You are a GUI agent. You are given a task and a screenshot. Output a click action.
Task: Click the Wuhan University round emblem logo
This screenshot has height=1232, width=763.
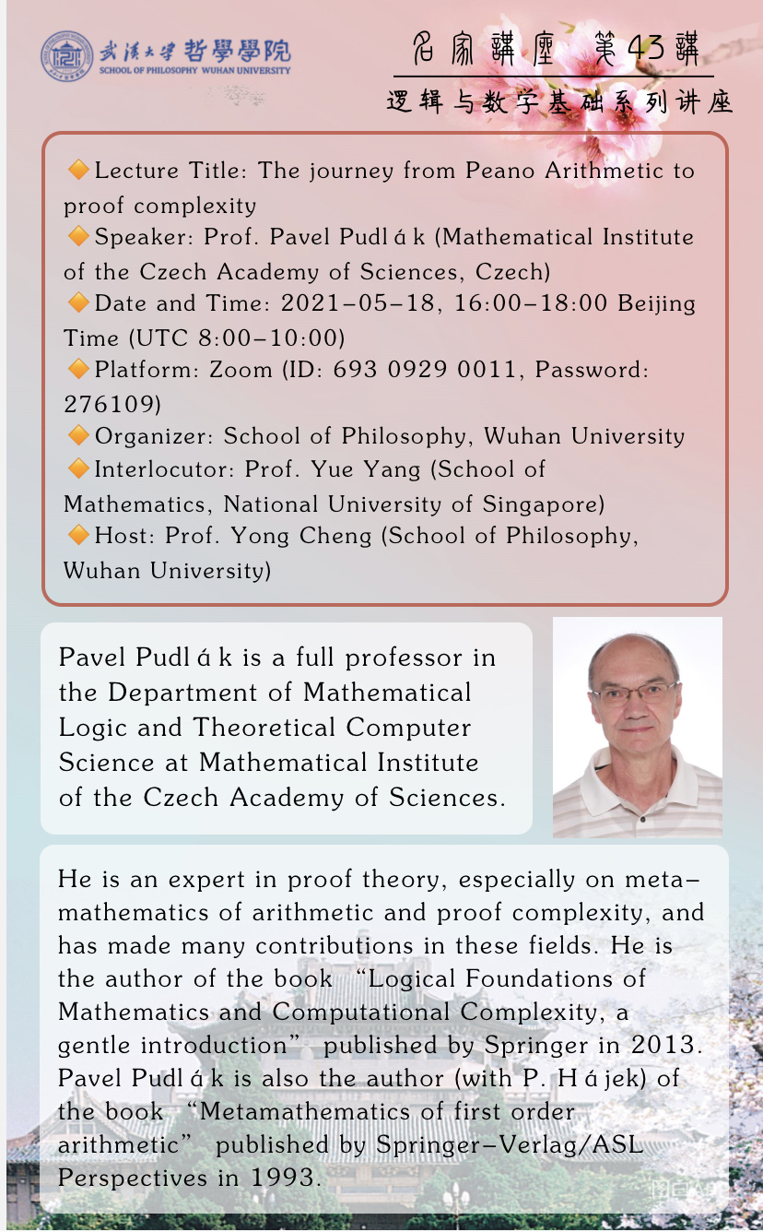66,56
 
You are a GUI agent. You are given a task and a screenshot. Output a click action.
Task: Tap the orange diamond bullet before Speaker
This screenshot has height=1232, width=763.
78,237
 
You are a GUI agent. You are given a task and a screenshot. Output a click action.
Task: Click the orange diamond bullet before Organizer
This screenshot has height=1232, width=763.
78,435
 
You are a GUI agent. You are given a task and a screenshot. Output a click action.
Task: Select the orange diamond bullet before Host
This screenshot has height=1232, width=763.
78,535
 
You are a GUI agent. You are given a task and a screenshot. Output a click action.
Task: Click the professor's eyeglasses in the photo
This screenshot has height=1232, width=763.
637,693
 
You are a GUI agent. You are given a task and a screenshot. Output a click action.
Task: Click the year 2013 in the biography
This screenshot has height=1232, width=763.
667,1045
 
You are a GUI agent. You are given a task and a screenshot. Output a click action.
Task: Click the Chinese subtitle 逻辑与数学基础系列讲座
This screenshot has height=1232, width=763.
559,101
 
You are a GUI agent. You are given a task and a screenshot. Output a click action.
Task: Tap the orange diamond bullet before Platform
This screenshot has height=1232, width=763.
78,370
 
